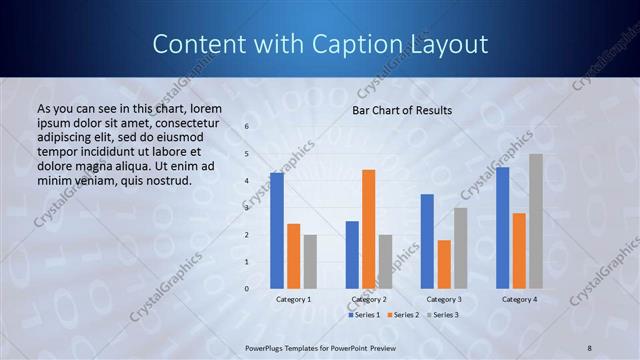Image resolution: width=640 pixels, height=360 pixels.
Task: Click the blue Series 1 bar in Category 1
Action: pos(277,231)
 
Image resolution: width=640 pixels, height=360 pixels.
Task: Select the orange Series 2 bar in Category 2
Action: pos(368,229)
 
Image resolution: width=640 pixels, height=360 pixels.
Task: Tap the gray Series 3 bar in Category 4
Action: pos(536,221)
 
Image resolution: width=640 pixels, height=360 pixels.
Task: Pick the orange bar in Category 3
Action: pos(444,264)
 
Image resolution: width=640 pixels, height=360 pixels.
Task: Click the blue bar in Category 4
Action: pos(502,228)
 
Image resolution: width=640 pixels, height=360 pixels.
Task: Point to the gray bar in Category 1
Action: pos(310,262)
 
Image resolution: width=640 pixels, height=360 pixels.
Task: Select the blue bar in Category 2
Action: pos(352,255)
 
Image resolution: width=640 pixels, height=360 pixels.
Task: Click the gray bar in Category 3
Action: pos(460,248)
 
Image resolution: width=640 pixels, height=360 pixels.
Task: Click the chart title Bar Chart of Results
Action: pos(402,110)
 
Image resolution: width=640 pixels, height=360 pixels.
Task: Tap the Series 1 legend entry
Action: pos(364,315)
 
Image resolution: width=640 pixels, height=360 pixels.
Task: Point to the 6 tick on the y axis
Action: pos(246,127)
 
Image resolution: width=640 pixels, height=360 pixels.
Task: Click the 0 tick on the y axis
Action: pos(246,289)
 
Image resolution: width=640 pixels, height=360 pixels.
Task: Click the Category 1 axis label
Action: pos(293,299)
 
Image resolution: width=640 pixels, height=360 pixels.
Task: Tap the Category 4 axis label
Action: pos(519,299)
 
